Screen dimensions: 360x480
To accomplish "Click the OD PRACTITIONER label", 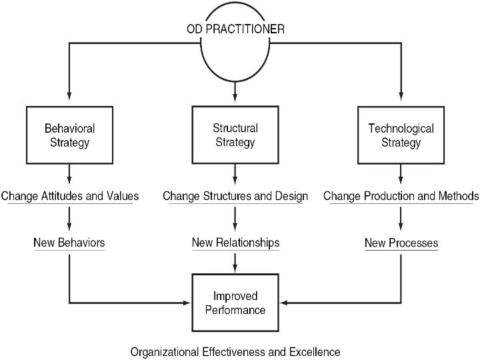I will pos(235,30).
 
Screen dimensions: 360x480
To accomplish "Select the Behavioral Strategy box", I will pos(69,135).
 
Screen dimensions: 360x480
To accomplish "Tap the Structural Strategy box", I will pos(235,134).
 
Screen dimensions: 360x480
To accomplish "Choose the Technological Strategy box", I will pos(401,135).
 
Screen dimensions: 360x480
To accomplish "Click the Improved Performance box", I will pos(235,303).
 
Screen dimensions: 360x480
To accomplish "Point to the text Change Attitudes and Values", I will pos(69,196).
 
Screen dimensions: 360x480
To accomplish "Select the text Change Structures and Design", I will pos(235,196).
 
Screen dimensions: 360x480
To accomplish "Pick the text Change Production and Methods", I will pos(401,196).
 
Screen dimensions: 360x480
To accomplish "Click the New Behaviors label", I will pos(69,243).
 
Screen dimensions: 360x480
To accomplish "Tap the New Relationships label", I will pos(235,243).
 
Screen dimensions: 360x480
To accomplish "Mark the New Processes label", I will pos(401,243).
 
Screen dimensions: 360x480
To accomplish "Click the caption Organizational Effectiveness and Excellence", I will pos(235,351).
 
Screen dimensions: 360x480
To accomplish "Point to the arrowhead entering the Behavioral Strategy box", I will pos(69,99).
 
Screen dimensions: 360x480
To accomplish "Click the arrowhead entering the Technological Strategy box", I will pos(401,100).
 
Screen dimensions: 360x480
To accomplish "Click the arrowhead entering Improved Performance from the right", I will pos(283,303).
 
